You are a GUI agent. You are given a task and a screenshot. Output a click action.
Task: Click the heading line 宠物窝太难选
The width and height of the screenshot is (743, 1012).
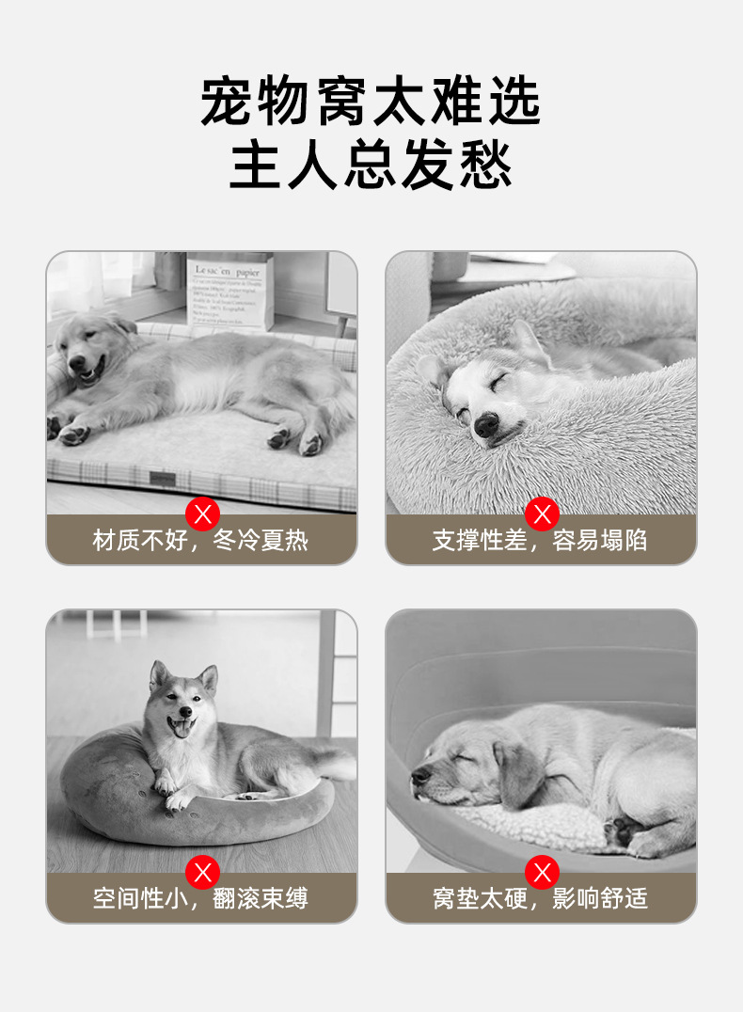(x=371, y=103)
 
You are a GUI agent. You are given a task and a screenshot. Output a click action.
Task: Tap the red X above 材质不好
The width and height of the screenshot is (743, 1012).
(x=202, y=514)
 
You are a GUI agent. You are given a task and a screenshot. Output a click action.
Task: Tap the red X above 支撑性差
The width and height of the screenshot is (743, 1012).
(x=542, y=514)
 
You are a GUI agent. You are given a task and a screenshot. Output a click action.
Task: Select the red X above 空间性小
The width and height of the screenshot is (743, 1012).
(x=202, y=872)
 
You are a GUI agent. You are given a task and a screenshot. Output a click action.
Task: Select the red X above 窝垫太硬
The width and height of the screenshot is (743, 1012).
(x=542, y=872)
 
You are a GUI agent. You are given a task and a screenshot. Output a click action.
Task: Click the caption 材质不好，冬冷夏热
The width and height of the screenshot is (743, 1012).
(x=201, y=541)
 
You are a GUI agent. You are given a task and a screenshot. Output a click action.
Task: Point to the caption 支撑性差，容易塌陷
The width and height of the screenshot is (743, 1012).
(x=541, y=541)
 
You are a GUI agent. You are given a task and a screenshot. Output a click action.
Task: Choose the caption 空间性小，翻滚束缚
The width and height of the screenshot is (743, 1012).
(x=201, y=898)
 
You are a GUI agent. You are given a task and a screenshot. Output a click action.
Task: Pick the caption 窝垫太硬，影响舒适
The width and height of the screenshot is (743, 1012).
(x=541, y=898)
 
